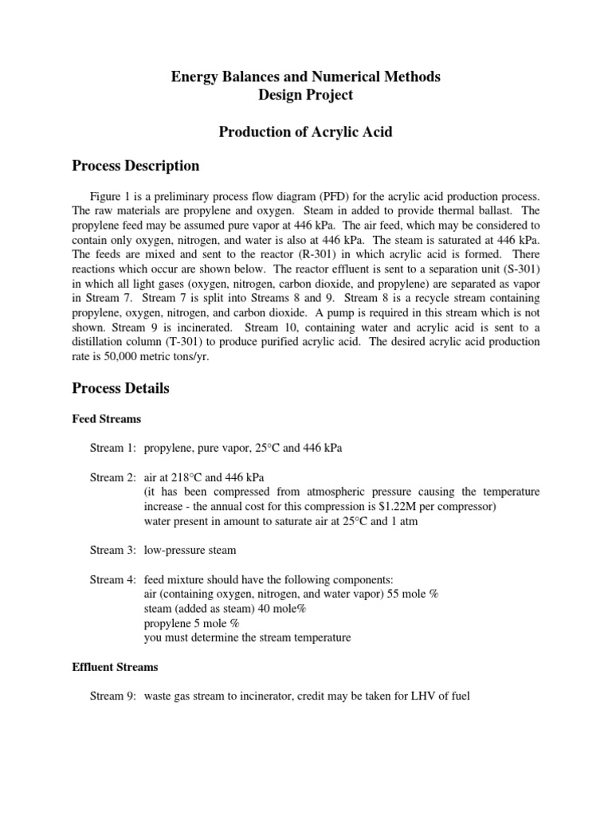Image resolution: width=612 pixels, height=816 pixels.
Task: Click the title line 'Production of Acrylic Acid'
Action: click(x=306, y=131)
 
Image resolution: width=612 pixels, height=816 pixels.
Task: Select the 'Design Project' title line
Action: click(x=306, y=96)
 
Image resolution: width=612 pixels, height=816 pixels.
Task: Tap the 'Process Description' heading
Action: click(x=135, y=167)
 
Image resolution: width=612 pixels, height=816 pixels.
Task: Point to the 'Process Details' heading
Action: click(x=120, y=389)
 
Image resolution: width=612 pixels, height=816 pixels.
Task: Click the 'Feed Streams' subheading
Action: click(x=107, y=418)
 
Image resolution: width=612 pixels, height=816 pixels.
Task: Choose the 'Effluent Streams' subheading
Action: click(x=115, y=667)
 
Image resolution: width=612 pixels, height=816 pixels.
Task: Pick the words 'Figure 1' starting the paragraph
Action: click(x=116, y=196)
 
